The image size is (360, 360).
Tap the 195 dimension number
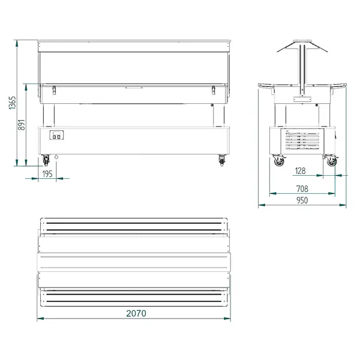[x=47, y=174]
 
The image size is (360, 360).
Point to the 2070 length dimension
[x=136, y=313]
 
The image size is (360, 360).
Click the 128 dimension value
[x=301, y=171]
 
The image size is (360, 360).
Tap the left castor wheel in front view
[x=46, y=160]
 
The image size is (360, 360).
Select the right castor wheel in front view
[x=222, y=160]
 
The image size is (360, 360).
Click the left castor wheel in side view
[x=278, y=160]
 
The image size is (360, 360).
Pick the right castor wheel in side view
[x=331, y=160]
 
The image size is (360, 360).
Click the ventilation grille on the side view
[x=300, y=142]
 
